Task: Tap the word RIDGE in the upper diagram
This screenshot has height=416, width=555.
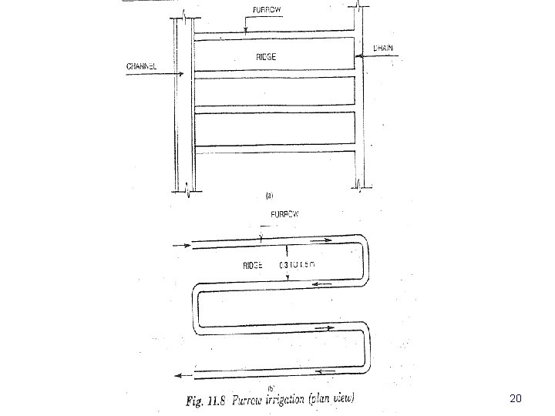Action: (266, 57)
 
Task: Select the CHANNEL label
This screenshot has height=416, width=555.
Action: (142, 67)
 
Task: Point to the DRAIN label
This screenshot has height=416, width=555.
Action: (383, 48)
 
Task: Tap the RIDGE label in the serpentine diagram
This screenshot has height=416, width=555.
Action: (251, 264)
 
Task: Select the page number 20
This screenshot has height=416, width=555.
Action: (516, 398)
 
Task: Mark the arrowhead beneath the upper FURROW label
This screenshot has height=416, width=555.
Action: (245, 32)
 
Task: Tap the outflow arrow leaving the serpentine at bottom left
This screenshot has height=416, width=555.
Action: (183, 375)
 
